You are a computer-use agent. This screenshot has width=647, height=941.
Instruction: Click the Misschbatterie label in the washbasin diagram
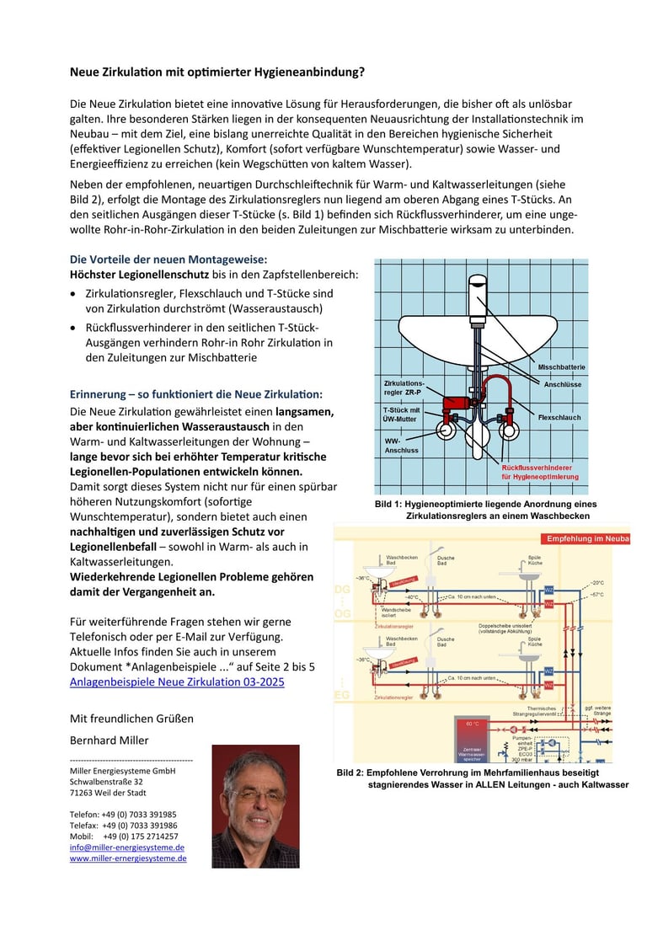562,367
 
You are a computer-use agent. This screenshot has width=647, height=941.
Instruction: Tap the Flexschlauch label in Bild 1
559,417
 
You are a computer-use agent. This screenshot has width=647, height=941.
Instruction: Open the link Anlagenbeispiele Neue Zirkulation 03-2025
177,682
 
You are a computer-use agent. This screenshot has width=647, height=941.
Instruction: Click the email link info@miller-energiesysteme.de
127,847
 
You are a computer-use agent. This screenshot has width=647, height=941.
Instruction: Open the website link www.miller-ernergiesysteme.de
128,858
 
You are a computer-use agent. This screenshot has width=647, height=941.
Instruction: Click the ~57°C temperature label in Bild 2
596,595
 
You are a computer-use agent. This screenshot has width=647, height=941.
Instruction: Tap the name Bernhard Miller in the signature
110,741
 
